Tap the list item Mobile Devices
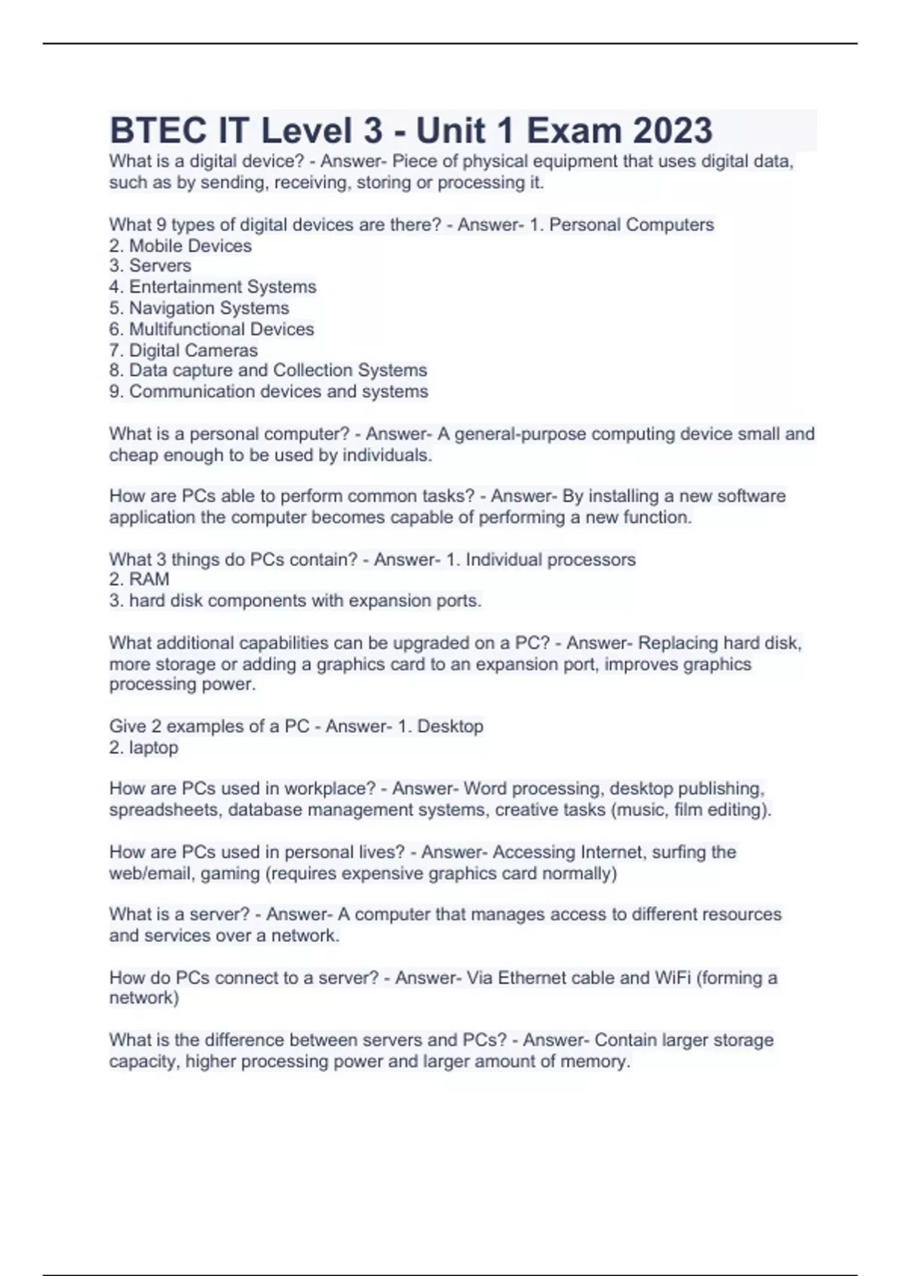coord(190,245)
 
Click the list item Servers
coord(160,266)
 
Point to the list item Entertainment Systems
coord(222,287)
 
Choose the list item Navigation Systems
coord(209,308)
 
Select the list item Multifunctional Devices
coord(221,329)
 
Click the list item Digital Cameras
coord(193,350)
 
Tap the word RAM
coord(149,579)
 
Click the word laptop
coord(153,748)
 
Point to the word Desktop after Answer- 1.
coord(450,727)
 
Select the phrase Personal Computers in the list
coord(631,224)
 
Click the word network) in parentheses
coord(144,998)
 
